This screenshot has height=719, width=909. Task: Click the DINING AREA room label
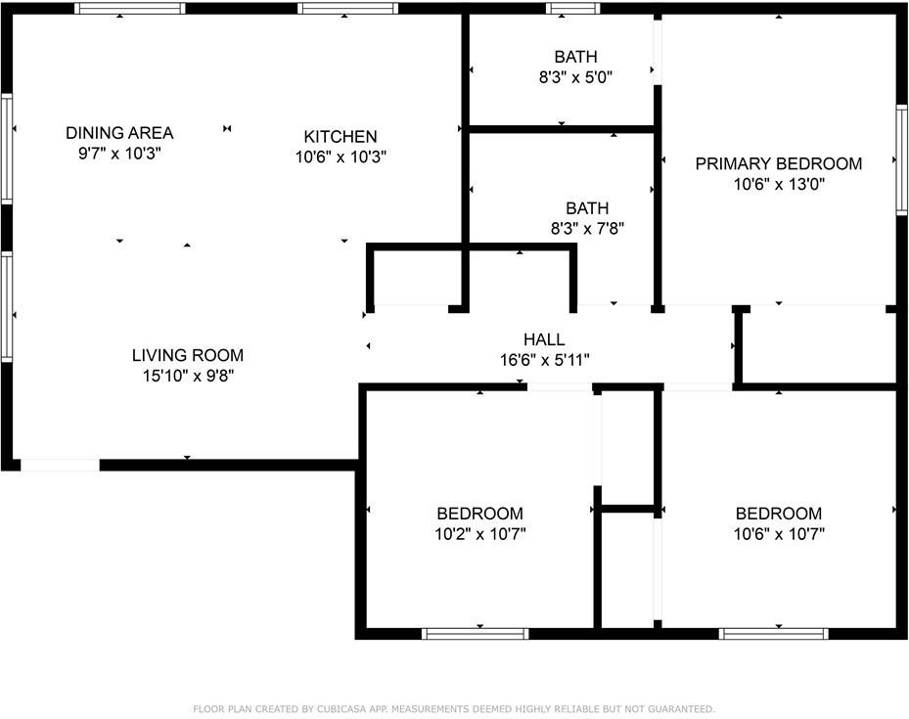coord(119,133)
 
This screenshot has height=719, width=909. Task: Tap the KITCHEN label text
coord(340,137)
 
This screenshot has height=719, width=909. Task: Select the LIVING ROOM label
coord(188,355)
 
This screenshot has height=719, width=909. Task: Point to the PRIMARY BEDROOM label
coord(778,163)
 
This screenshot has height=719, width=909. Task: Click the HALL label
coord(544,339)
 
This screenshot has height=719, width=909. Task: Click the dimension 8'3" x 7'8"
coord(587,229)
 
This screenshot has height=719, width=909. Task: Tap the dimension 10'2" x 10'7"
coord(479,534)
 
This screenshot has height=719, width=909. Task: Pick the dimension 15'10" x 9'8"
coord(188,376)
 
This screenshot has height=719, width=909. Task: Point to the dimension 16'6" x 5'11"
coord(544,360)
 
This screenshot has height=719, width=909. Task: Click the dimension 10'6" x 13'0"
coord(778,184)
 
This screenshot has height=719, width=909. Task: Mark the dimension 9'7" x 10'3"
coord(119,154)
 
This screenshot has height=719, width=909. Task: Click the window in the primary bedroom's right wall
coord(900,158)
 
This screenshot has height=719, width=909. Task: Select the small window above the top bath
coord(573,9)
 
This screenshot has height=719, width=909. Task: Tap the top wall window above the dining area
coord(130,9)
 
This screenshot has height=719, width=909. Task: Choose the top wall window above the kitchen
coord(347,9)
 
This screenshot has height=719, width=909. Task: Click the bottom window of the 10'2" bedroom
coord(476,634)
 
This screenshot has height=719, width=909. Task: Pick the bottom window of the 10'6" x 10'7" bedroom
coord(774,634)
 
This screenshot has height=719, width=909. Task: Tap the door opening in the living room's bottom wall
coord(60,465)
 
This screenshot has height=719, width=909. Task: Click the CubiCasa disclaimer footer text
coord(454,708)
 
